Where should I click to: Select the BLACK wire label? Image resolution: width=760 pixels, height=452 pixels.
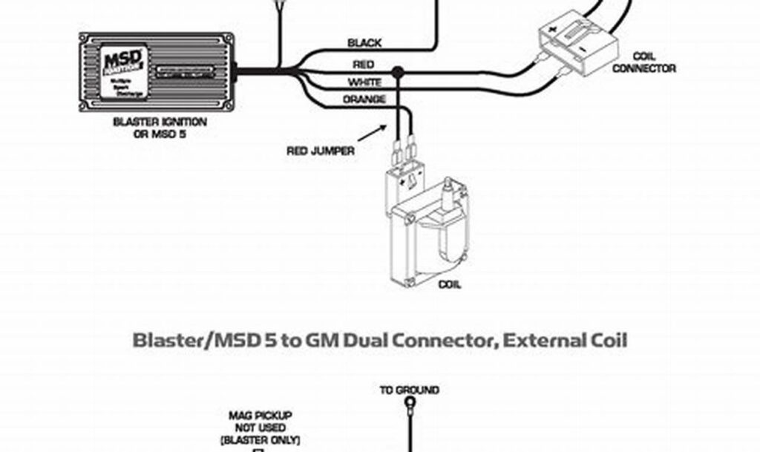coord(364,43)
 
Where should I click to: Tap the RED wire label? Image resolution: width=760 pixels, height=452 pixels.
coord(364,65)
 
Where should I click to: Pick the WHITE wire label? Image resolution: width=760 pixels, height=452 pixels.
coord(364,82)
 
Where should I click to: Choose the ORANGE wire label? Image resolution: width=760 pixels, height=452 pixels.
coord(364,99)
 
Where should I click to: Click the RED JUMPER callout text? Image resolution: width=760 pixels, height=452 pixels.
coord(321,151)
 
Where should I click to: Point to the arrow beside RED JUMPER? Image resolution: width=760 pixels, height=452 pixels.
coord(372,132)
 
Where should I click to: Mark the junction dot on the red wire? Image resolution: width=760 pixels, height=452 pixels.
coord(398,72)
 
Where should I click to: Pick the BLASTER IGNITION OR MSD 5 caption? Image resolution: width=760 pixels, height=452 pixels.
coord(160,127)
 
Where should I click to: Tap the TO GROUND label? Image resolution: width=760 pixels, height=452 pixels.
coord(409,390)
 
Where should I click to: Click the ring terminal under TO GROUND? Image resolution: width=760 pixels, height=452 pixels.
coord(409,405)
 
